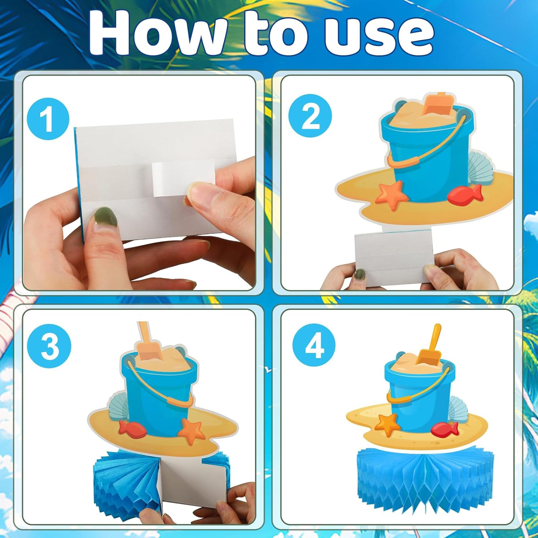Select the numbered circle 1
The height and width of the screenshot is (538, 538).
[48, 119]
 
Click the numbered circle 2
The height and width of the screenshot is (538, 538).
[310, 115]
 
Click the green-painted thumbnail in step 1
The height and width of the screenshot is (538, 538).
[105, 217]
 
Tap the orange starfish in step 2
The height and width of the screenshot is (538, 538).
[392, 195]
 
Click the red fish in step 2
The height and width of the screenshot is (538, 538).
[465, 194]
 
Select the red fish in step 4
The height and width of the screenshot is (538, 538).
[445, 429]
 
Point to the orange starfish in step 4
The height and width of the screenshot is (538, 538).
[388, 425]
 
